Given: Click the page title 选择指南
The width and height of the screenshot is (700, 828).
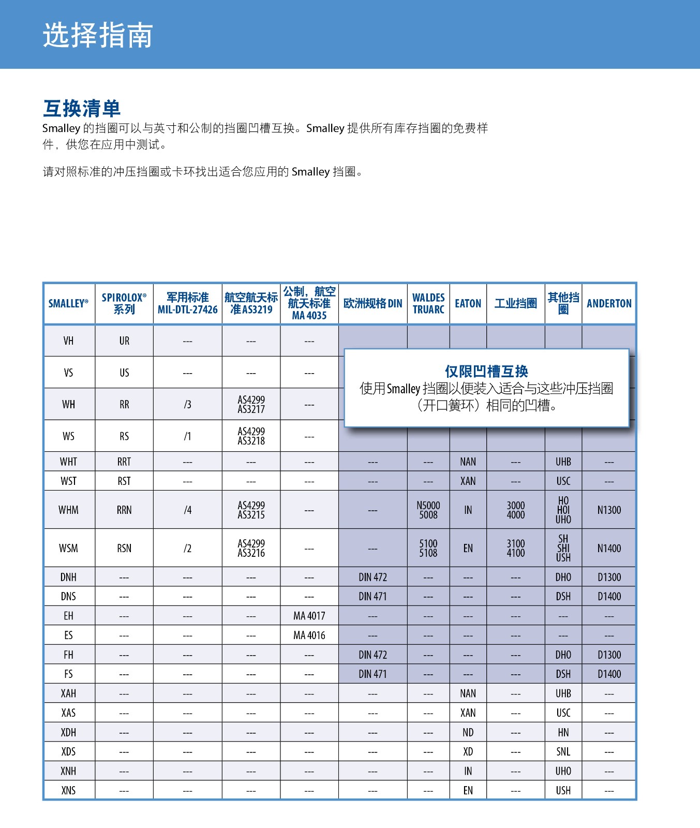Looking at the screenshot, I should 97,35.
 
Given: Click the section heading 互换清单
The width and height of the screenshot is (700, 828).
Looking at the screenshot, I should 82,109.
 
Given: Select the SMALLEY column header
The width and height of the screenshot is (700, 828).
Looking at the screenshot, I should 68,304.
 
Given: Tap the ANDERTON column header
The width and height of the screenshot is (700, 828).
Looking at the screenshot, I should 609,304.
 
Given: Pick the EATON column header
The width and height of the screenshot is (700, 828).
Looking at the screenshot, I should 468,304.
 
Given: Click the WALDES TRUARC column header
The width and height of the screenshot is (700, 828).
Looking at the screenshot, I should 428,304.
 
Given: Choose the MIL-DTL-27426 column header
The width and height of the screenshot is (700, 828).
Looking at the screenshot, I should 187,304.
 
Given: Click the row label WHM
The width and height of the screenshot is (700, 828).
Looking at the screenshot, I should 68,510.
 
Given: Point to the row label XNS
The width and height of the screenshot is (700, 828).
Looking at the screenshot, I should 68,791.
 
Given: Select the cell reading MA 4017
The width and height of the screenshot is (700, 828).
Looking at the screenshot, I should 309,616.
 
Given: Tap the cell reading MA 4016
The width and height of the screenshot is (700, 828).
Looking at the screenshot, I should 309,635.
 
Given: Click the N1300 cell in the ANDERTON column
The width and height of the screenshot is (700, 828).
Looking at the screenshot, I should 609,510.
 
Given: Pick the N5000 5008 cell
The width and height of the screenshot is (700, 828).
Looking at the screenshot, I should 428,510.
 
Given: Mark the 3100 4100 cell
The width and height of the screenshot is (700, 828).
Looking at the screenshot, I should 515,549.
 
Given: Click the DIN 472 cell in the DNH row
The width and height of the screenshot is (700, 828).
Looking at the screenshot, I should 373,577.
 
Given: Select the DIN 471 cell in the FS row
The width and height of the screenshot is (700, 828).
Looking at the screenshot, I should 373,674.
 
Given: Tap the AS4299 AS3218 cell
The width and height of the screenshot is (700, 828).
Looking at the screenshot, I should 251,436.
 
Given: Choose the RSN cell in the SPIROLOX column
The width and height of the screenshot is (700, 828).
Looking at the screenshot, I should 124,549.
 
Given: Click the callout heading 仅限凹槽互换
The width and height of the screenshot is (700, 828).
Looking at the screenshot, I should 486,371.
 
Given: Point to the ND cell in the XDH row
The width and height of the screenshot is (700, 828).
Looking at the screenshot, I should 468,733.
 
